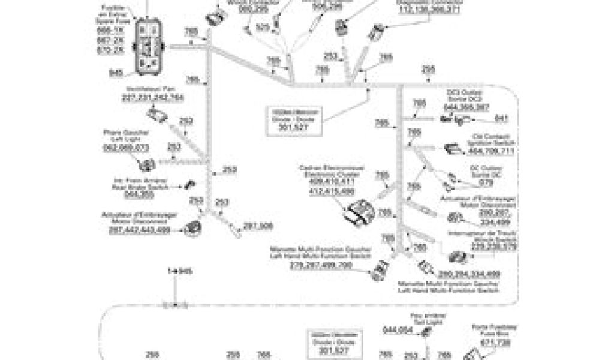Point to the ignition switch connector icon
pos(452,149)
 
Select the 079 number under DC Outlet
pos(472,182)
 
